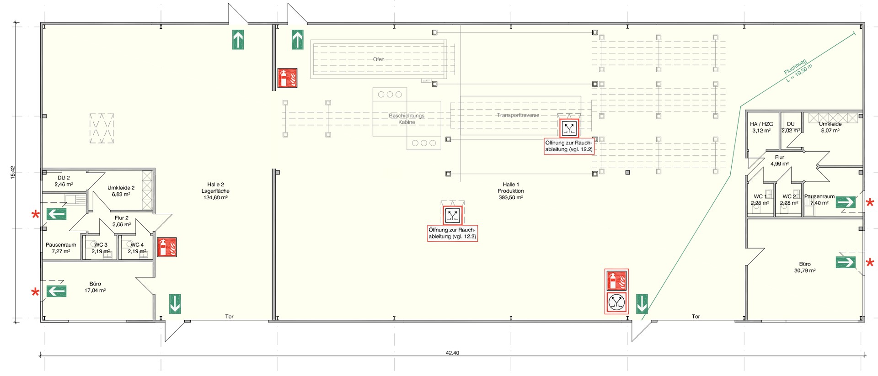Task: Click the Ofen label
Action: (x=379, y=59)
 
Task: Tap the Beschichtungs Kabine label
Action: (x=407, y=119)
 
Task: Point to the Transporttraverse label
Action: (x=518, y=115)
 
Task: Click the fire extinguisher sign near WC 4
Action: (x=167, y=247)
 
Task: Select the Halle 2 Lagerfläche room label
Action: (x=215, y=191)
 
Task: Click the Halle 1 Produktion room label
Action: (x=511, y=191)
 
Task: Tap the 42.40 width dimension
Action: (x=452, y=353)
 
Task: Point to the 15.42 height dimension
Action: (x=13, y=172)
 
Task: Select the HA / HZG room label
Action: (x=761, y=127)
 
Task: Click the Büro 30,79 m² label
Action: (x=805, y=267)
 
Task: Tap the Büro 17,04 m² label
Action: (x=95, y=287)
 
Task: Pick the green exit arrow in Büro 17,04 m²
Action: (x=56, y=291)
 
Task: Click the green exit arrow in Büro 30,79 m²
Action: (x=846, y=262)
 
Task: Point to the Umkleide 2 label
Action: (x=121, y=191)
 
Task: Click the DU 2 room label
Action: (x=64, y=181)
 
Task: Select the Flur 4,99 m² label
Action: (x=780, y=160)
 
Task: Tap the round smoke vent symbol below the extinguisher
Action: (x=616, y=302)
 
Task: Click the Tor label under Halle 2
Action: (x=229, y=317)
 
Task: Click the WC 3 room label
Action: (x=101, y=248)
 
